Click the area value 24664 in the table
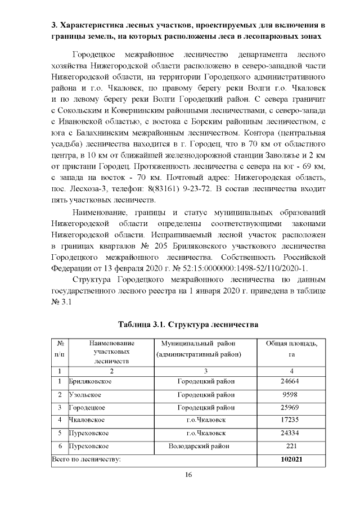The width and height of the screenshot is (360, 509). coord(289,382)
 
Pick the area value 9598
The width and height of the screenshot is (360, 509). coord(289,395)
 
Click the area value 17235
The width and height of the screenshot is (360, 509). coord(289,420)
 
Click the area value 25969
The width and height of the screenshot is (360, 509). coord(289,408)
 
